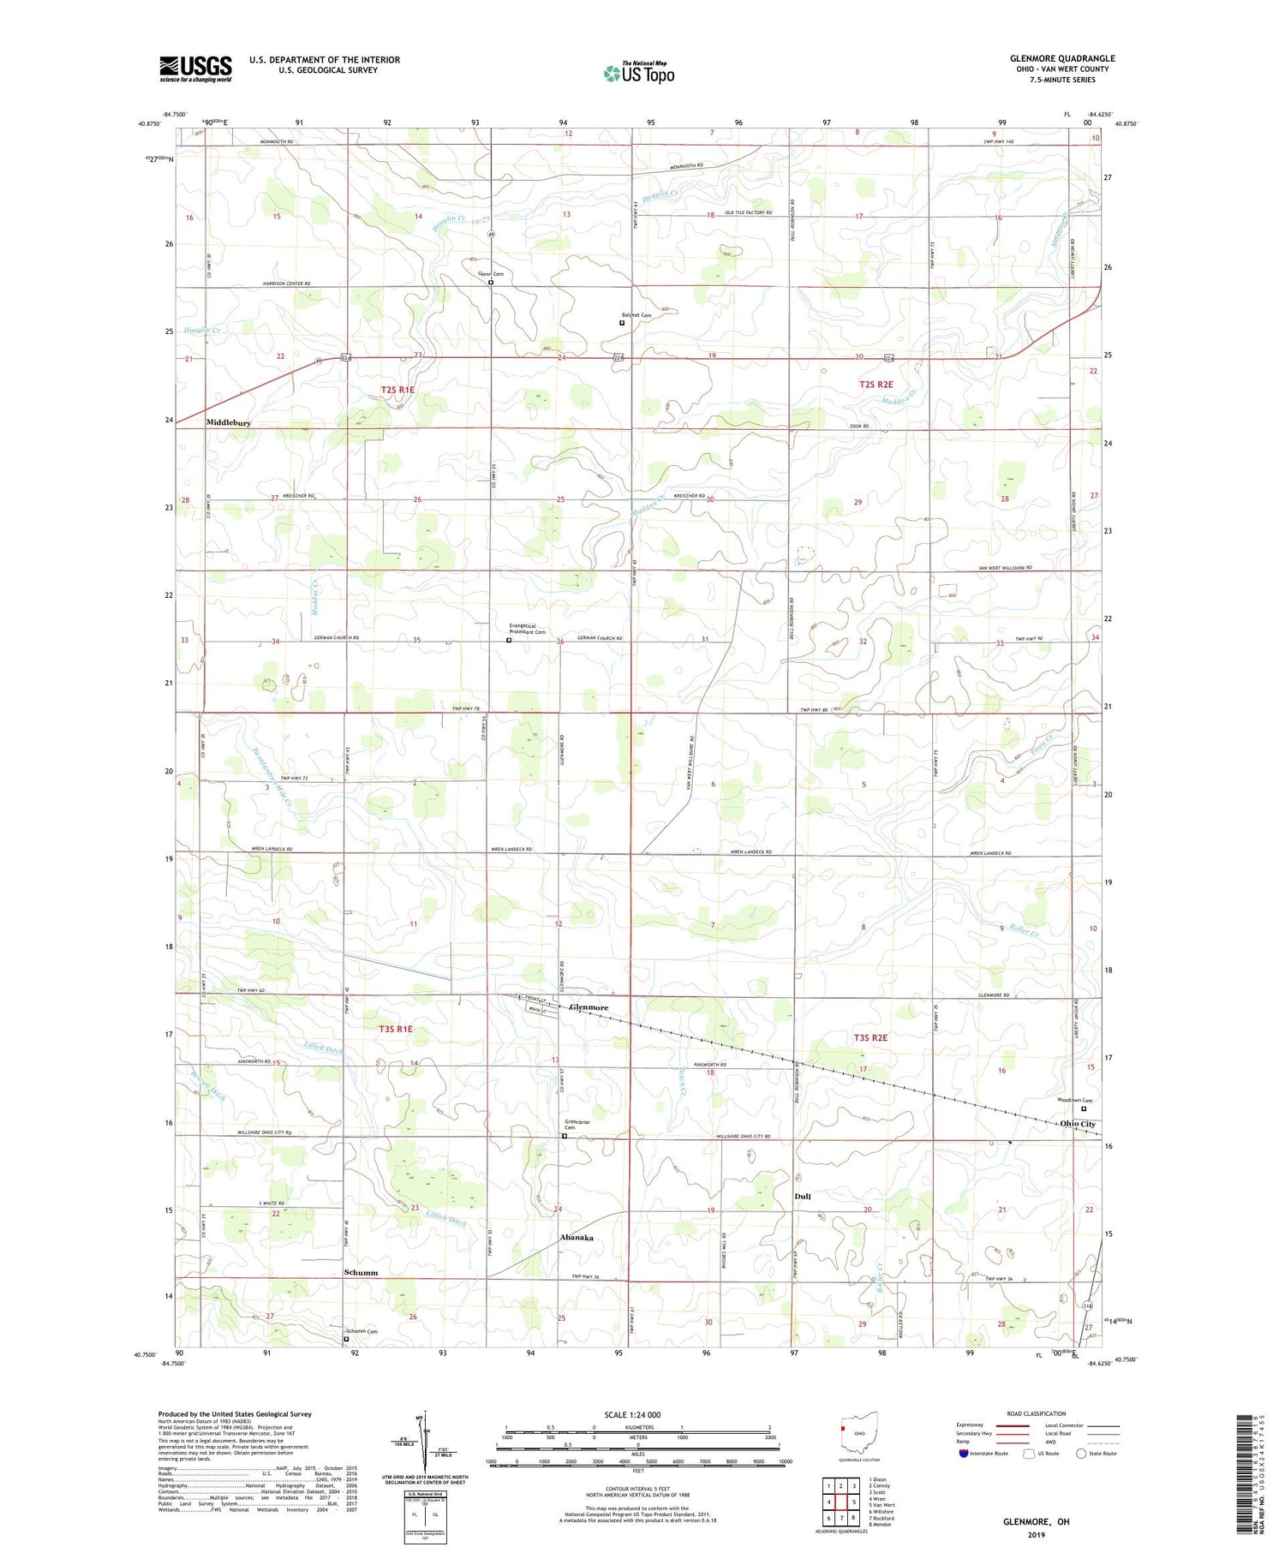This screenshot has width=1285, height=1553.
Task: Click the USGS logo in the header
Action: pyautogui.click(x=195, y=69)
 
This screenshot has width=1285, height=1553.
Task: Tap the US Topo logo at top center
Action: pyautogui.click(x=638, y=74)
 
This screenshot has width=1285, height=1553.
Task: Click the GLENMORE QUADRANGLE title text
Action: pyautogui.click(x=1061, y=58)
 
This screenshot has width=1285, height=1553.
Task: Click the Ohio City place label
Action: pyautogui.click(x=1077, y=1124)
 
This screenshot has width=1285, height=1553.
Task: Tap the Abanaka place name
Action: pyautogui.click(x=577, y=1238)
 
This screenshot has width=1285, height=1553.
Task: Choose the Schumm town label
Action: pyautogui.click(x=361, y=1273)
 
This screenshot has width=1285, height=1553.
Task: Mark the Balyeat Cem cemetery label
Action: pyautogui.click(x=637, y=315)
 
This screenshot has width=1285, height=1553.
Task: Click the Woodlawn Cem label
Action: pyautogui.click(x=1074, y=1101)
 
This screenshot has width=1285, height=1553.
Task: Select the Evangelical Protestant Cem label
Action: pyautogui.click(x=526, y=629)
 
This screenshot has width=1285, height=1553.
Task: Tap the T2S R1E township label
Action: pyautogui.click(x=397, y=390)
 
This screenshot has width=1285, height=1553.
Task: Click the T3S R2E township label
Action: pyautogui.click(x=871, y=1037)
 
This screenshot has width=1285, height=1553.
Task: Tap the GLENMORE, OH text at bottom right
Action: pyautogui.click(x=1037, y=1521)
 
